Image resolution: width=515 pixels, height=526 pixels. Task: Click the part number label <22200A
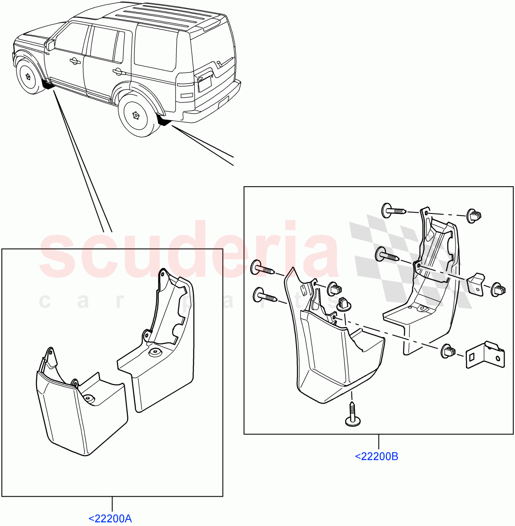click(110, 519)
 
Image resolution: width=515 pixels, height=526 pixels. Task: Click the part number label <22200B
click(376, 456)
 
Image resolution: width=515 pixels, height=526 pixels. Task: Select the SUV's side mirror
click(50, 44)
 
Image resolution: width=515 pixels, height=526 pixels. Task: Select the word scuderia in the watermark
click(188, 252)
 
